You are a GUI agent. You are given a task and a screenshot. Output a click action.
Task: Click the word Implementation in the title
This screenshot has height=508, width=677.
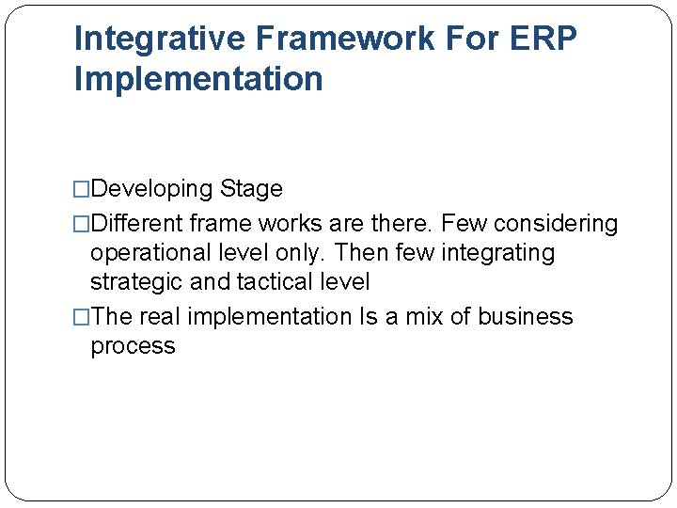point(198,78)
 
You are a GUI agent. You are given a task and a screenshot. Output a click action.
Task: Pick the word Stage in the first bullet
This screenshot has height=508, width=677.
point(251,189)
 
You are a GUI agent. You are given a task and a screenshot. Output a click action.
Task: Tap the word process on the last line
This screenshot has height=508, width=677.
point(133,346)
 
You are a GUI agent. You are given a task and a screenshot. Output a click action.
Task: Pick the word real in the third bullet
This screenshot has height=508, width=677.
point(160,316)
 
